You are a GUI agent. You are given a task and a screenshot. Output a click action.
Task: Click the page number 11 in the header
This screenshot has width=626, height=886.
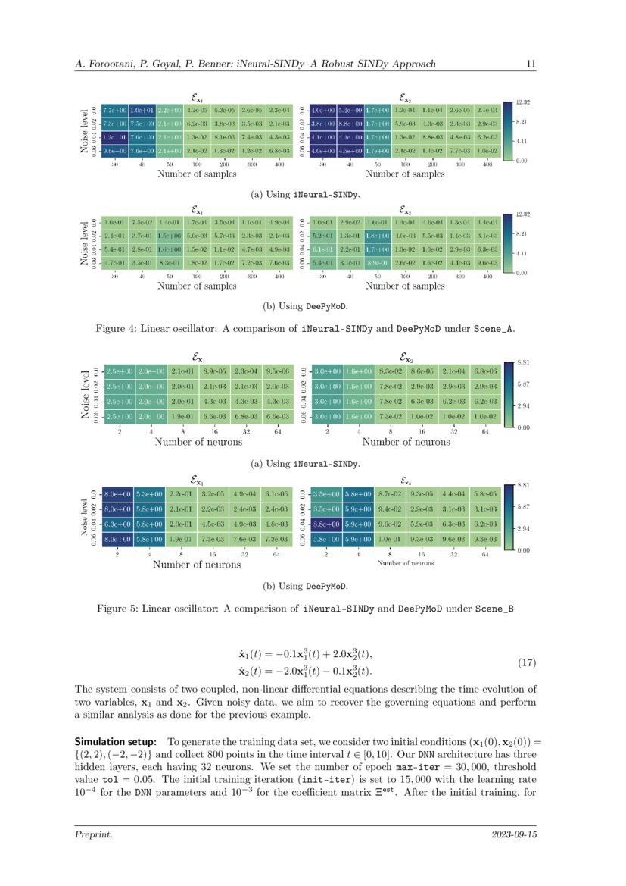[x=531, y=64]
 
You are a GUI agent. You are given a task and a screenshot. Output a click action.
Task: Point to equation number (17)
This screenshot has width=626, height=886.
[x=526, y=663]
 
